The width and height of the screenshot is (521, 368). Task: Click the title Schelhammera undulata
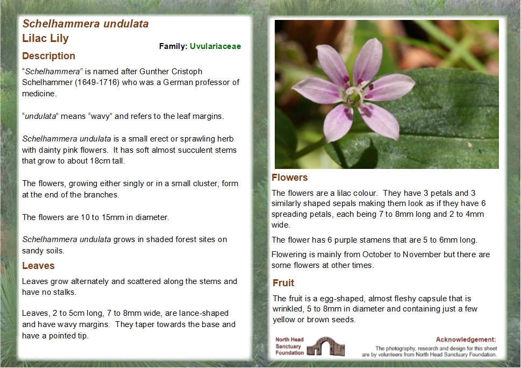[85, 24]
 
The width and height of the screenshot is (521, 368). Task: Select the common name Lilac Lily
[46, 39]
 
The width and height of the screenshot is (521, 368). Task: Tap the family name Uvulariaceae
[215, 46]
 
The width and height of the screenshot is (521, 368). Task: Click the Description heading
[48, 56]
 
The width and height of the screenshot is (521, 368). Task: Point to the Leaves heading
[38, 266]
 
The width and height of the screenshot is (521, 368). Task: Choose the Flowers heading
[290, 178]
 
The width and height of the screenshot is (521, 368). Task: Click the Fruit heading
[283, 283]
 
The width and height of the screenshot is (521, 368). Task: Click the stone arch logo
[326, 346]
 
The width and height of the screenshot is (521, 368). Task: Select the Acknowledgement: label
[466, 339]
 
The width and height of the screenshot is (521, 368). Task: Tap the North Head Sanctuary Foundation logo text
[289, 346]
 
